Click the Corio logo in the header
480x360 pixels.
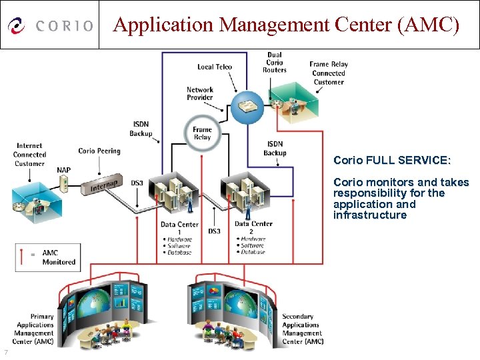point(50,25)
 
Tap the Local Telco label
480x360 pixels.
point(215,67)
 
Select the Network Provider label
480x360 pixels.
point(200,93)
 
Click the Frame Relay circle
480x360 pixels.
point(202,133)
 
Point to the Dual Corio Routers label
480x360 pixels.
point(275,62)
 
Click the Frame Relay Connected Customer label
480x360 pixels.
point(329,73)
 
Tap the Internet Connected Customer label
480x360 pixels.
point(29,155)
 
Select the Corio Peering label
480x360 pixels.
point(99,151)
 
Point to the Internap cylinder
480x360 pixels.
point(104,185)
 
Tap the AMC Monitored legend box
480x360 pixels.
point(47,257)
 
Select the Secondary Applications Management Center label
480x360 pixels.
point(302,329)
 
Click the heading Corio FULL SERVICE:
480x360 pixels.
point(392,161)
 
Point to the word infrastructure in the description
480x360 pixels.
point(370,215)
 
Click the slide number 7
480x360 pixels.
point(5,352)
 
